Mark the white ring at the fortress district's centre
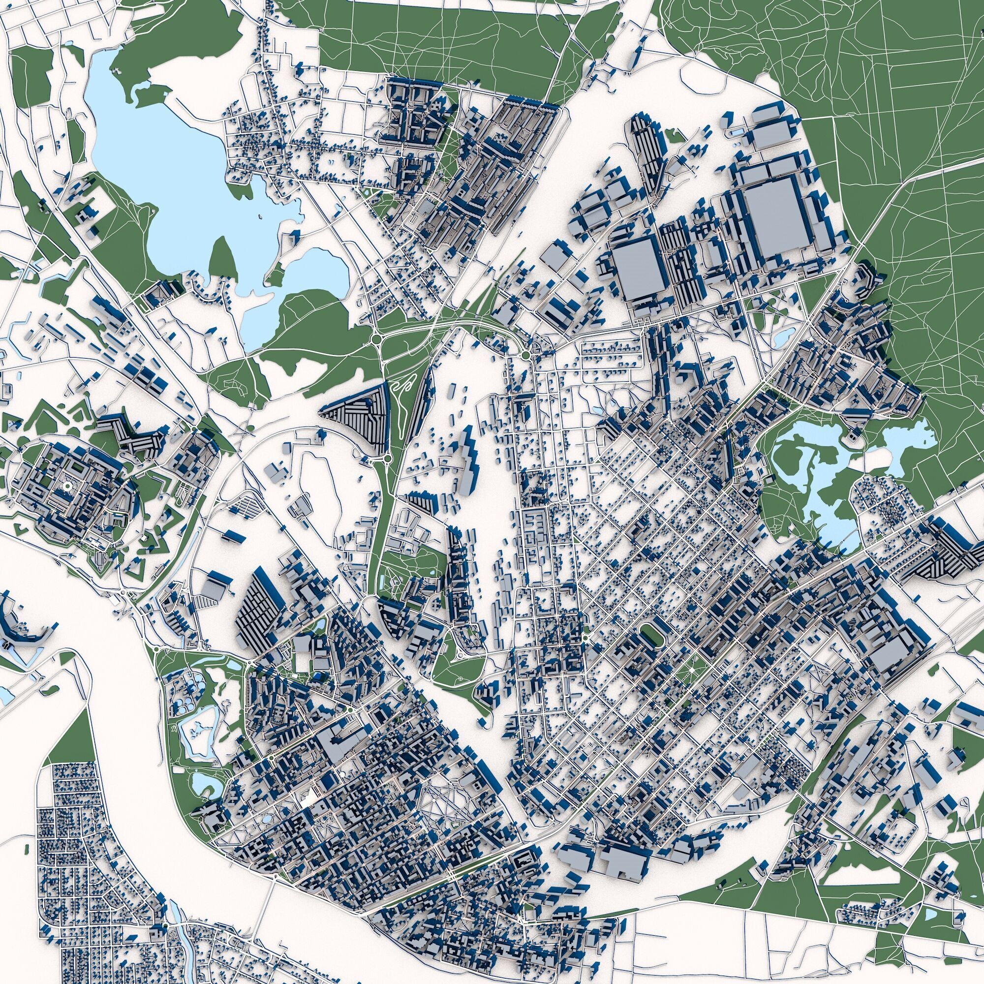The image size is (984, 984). pyautogui.click(x=67, y=488)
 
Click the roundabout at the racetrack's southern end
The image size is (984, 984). pyautogui.click(x=388, y=458)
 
